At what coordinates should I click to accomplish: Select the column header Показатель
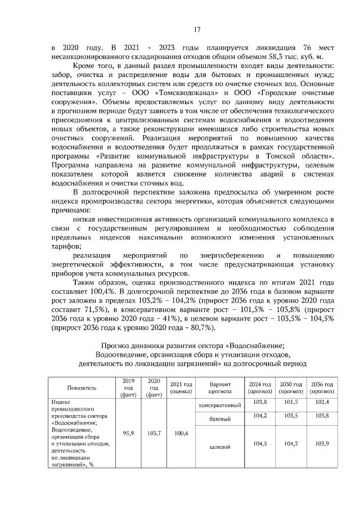[82, 388]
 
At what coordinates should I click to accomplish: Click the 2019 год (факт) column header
[128, 388]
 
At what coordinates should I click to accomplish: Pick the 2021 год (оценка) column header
[181, 388]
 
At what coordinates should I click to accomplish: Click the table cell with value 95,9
[128, 434]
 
